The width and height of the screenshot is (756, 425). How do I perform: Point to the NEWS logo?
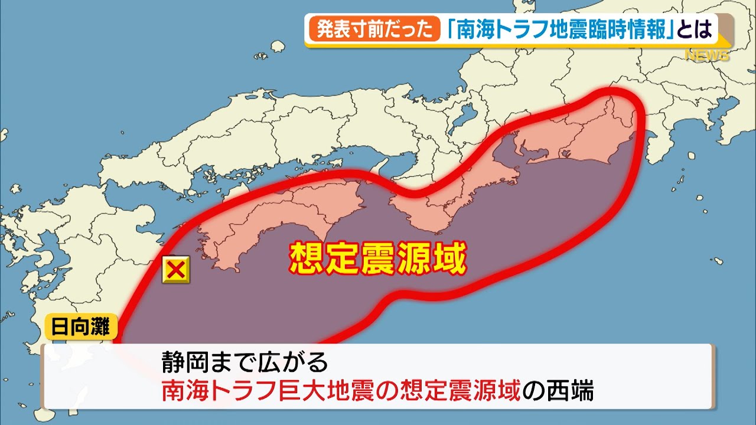[x=707, y=55]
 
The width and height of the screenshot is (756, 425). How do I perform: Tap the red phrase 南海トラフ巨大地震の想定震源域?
[x=343, y=391]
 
